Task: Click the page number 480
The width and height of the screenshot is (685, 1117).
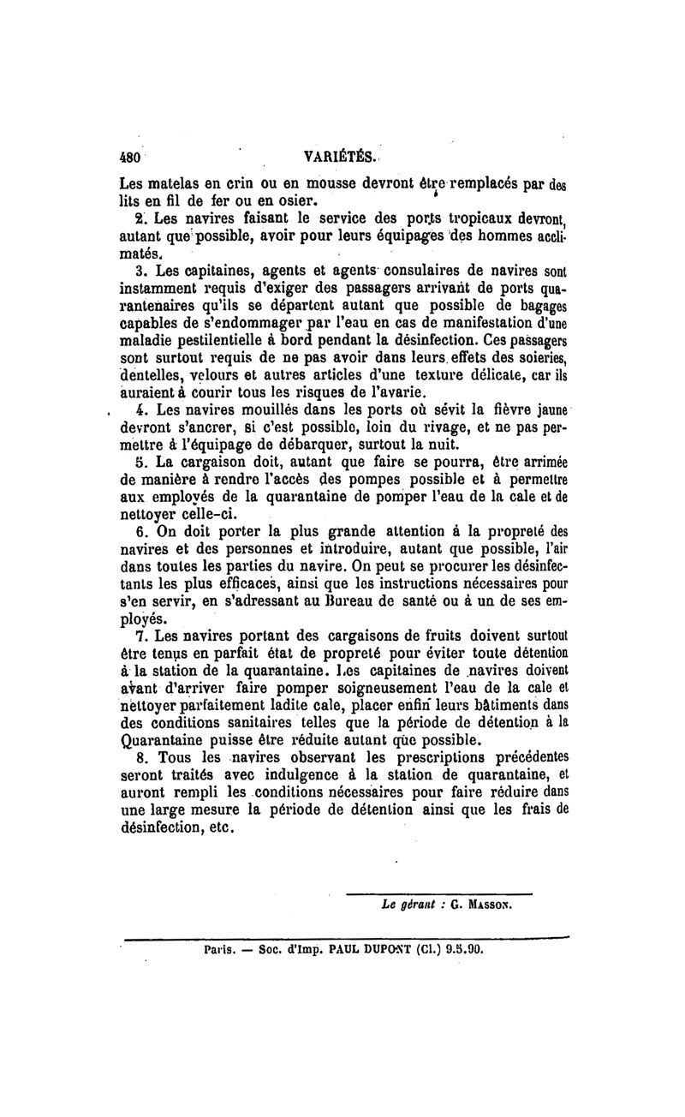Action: (128, 158)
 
